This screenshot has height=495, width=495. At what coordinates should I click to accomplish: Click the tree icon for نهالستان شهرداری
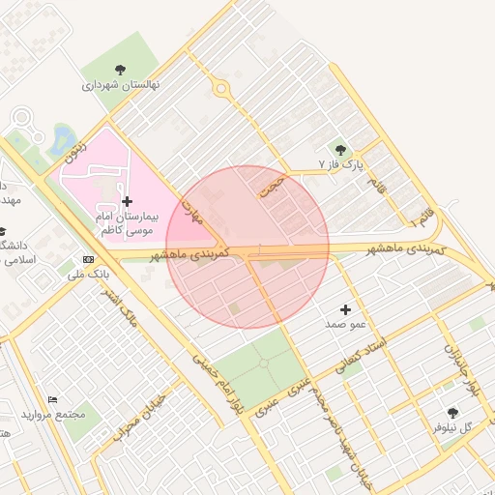point(120,69)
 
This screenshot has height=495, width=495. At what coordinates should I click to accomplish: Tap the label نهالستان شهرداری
point(121,85)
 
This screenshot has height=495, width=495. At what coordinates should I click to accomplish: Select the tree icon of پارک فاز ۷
point(339,149)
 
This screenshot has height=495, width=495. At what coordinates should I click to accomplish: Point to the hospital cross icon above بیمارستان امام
point(127,201)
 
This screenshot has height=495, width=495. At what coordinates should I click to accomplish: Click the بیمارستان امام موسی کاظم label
point(127,223)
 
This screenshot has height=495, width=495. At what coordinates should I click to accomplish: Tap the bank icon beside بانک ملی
point(89,260)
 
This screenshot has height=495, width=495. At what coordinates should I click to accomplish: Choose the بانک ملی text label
point(87,276)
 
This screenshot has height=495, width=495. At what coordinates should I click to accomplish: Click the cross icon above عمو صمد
point(345,308)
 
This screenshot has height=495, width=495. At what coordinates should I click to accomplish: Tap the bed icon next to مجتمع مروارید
point(53,399)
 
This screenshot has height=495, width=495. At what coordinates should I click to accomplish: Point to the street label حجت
point(272,184)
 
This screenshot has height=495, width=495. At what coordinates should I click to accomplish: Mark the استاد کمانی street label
point(360,355)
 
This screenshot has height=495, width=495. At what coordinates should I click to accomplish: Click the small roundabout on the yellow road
point(221,89)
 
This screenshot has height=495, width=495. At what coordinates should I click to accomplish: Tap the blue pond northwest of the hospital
point(63,137)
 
